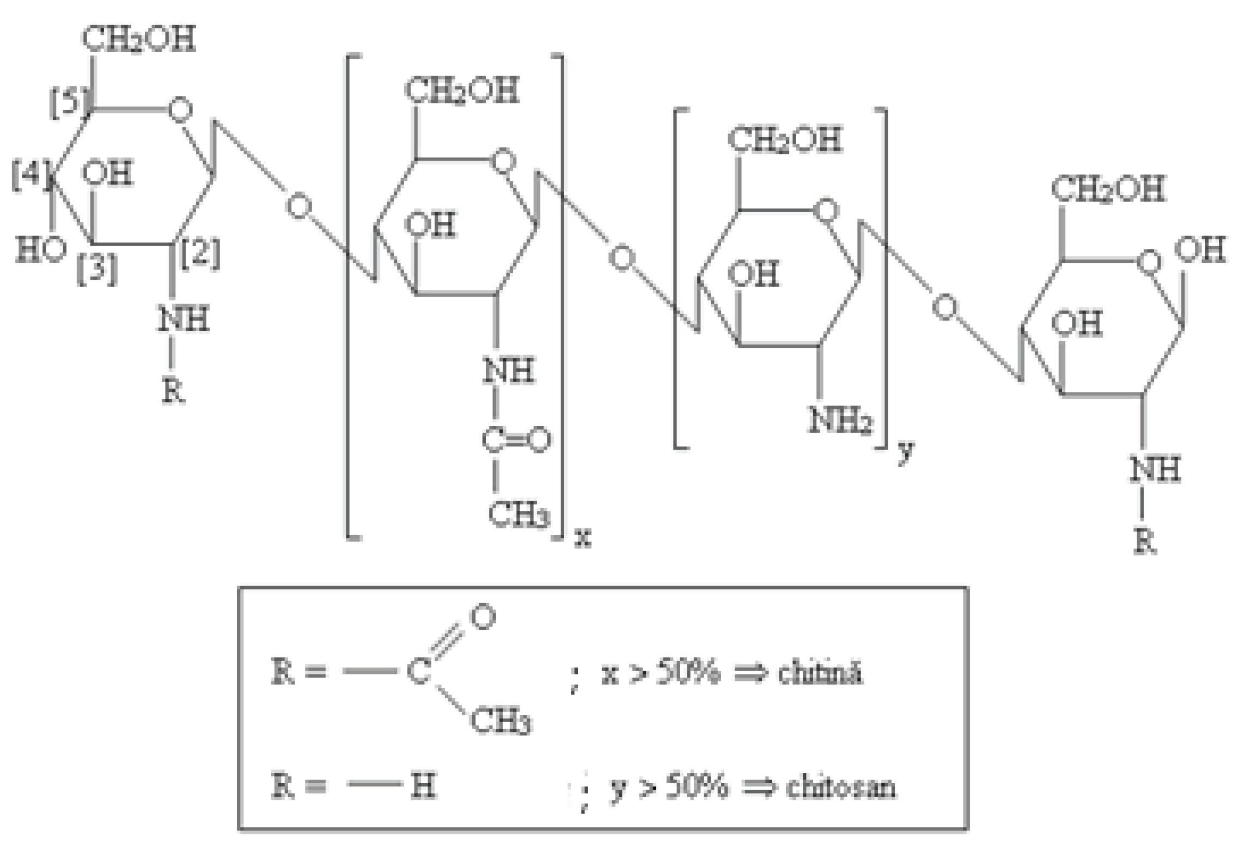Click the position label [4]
(x=30, y=175)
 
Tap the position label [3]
(x=97, y=269)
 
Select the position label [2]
(x=200, y=254)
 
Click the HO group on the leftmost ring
(x=41, y=250)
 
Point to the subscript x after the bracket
(x=583, y=538)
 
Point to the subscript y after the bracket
(x=905, y=451)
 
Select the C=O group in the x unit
(x=515, y=440)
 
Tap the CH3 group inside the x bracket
(x=518, y=514)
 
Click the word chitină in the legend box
(x=820, y=673)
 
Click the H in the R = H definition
(x=423, y=786)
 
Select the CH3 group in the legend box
(x=501, y=722)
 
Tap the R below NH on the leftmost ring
(x=173, y=391)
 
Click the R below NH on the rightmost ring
(x=1145, y=542)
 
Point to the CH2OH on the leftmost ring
(x=139, y=39)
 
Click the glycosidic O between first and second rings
(x=299, y=207)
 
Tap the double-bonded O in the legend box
(x=483, y=617)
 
